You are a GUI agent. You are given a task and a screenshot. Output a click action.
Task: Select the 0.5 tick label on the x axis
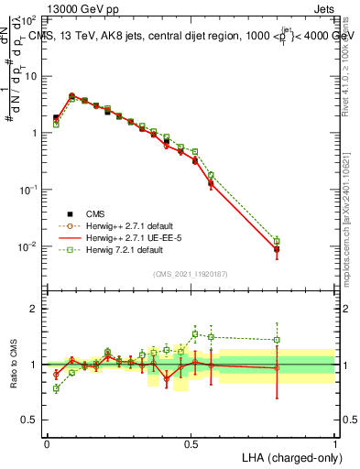191,443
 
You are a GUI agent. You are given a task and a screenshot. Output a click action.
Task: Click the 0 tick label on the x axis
47,443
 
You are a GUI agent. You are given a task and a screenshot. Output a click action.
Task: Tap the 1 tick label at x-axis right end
334,443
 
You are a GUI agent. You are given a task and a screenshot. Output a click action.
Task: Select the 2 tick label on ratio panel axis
35,309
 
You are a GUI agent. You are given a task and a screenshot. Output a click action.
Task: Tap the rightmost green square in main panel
277,241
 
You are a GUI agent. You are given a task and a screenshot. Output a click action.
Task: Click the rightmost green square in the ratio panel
277,340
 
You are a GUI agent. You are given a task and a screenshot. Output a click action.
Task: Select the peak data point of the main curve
71,95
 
